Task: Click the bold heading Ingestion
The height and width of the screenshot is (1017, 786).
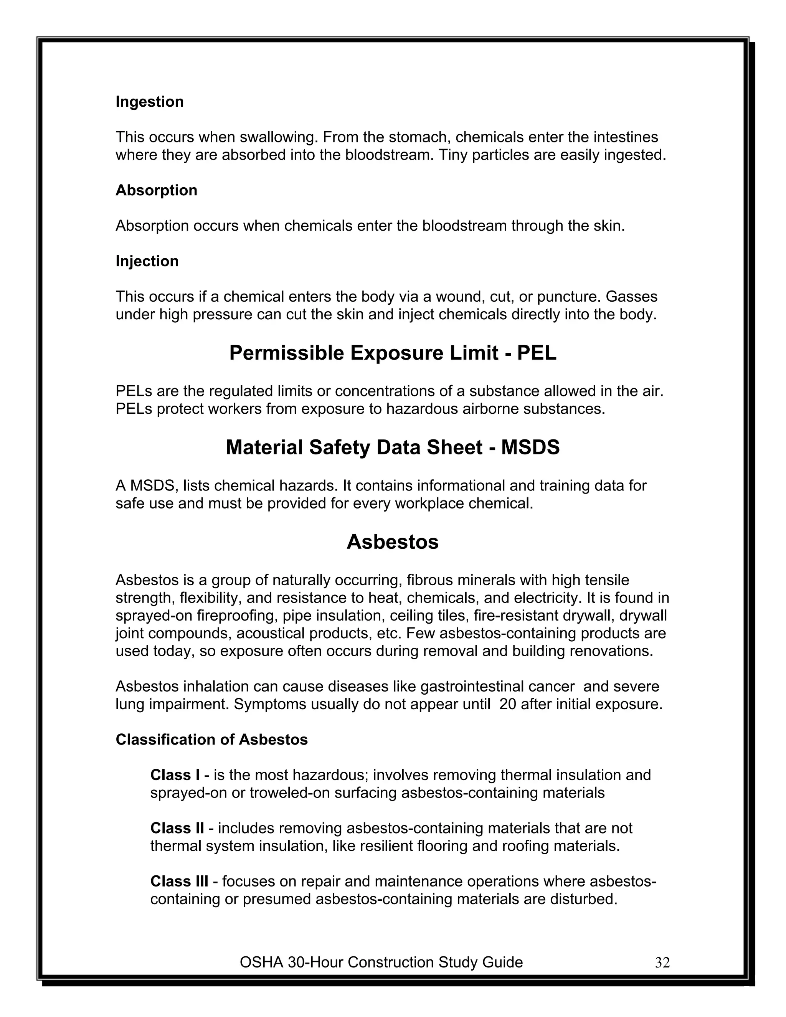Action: coord(149,102)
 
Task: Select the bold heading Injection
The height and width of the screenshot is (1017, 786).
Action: coord(147,261)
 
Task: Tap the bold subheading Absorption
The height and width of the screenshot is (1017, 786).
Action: coord(157,190)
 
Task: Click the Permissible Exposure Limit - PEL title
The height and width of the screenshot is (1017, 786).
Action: coord(393,353)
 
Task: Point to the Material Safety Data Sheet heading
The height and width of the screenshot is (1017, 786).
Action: coord(393,447)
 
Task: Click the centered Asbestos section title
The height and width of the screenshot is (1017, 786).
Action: coord(393,542)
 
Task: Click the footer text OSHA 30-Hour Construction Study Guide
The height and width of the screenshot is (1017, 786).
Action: coord(381,962)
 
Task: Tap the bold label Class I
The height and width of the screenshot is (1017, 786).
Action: coord(175,775)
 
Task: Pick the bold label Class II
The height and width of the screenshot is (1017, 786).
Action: coord(177,828)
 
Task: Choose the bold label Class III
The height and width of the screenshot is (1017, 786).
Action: coord(179,881)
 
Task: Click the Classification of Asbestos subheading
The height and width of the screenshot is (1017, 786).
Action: coord(211,740)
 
